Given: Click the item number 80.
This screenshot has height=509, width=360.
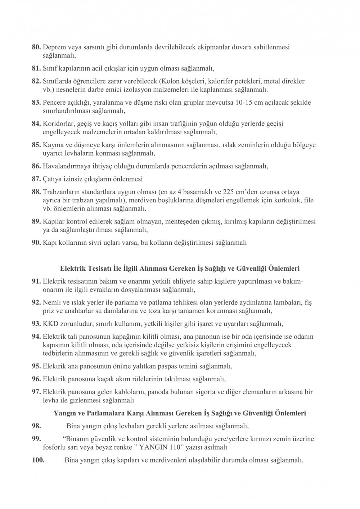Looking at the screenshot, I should pyautogui.click(x=37, y=47).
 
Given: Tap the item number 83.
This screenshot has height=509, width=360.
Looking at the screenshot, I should pyautogui.click(x=37, y=103).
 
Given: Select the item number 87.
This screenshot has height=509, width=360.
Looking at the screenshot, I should pyautogui.click(x=37, y=179).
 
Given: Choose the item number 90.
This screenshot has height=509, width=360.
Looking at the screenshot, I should pyautogui.click(x=37, y=243).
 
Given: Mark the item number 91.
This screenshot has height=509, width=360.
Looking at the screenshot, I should pyautogui.click(x=37, y=281).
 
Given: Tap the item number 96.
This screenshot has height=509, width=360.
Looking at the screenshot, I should pyautogui.click(x=37, y=379).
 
